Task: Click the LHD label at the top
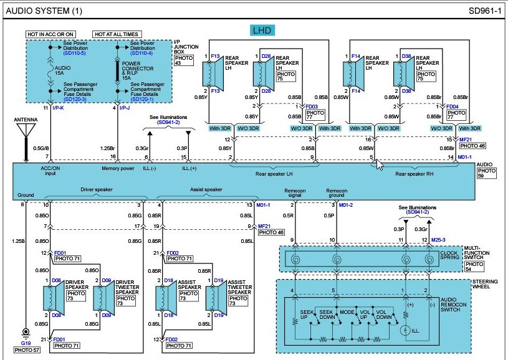[262, 31]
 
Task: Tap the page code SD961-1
[485, 11]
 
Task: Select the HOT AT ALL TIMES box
[117, 34]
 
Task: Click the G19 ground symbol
[26, 332]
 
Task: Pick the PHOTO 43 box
[184, 60]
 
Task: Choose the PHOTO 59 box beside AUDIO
[486, 173]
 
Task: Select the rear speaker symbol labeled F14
[353, 74]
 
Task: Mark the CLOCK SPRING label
[449, 255]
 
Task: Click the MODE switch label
[347, 312]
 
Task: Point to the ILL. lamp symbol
[405, 331]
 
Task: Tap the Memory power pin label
[118, 168]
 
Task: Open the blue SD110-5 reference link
[75, 53]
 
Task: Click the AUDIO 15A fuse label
[62, 70]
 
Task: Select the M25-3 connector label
[438, 240]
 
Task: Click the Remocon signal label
[295, 193]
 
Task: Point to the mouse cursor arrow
[380, 164]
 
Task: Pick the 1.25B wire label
[18, 241]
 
